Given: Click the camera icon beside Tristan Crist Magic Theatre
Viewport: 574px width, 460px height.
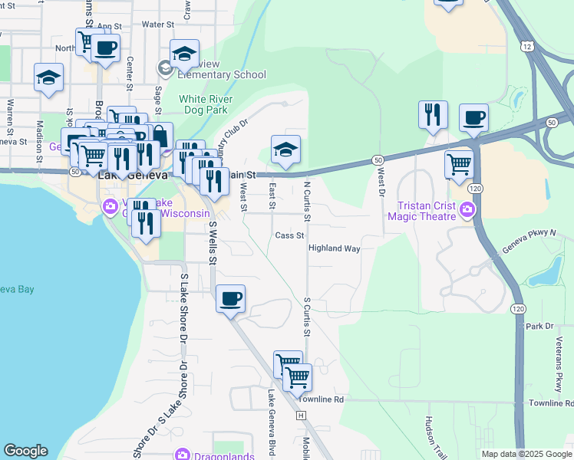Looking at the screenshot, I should pos(466,209).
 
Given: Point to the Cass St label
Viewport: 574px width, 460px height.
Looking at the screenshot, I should pos(290,235).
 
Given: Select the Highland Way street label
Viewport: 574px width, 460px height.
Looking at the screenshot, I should pos(335,248).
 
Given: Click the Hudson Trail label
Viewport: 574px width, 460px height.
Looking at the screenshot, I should pos(428,437).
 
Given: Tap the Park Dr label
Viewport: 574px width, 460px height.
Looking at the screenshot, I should pos(539,326).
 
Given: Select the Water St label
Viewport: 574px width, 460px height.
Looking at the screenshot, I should pos(159,25).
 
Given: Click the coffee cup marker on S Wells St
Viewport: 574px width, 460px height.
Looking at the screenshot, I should pos(231,298).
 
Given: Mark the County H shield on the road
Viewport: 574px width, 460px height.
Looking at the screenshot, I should pos(302,415).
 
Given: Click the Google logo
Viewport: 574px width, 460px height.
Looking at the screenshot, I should pos(25,451).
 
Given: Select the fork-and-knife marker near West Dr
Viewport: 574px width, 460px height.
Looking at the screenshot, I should pos(433,114).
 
